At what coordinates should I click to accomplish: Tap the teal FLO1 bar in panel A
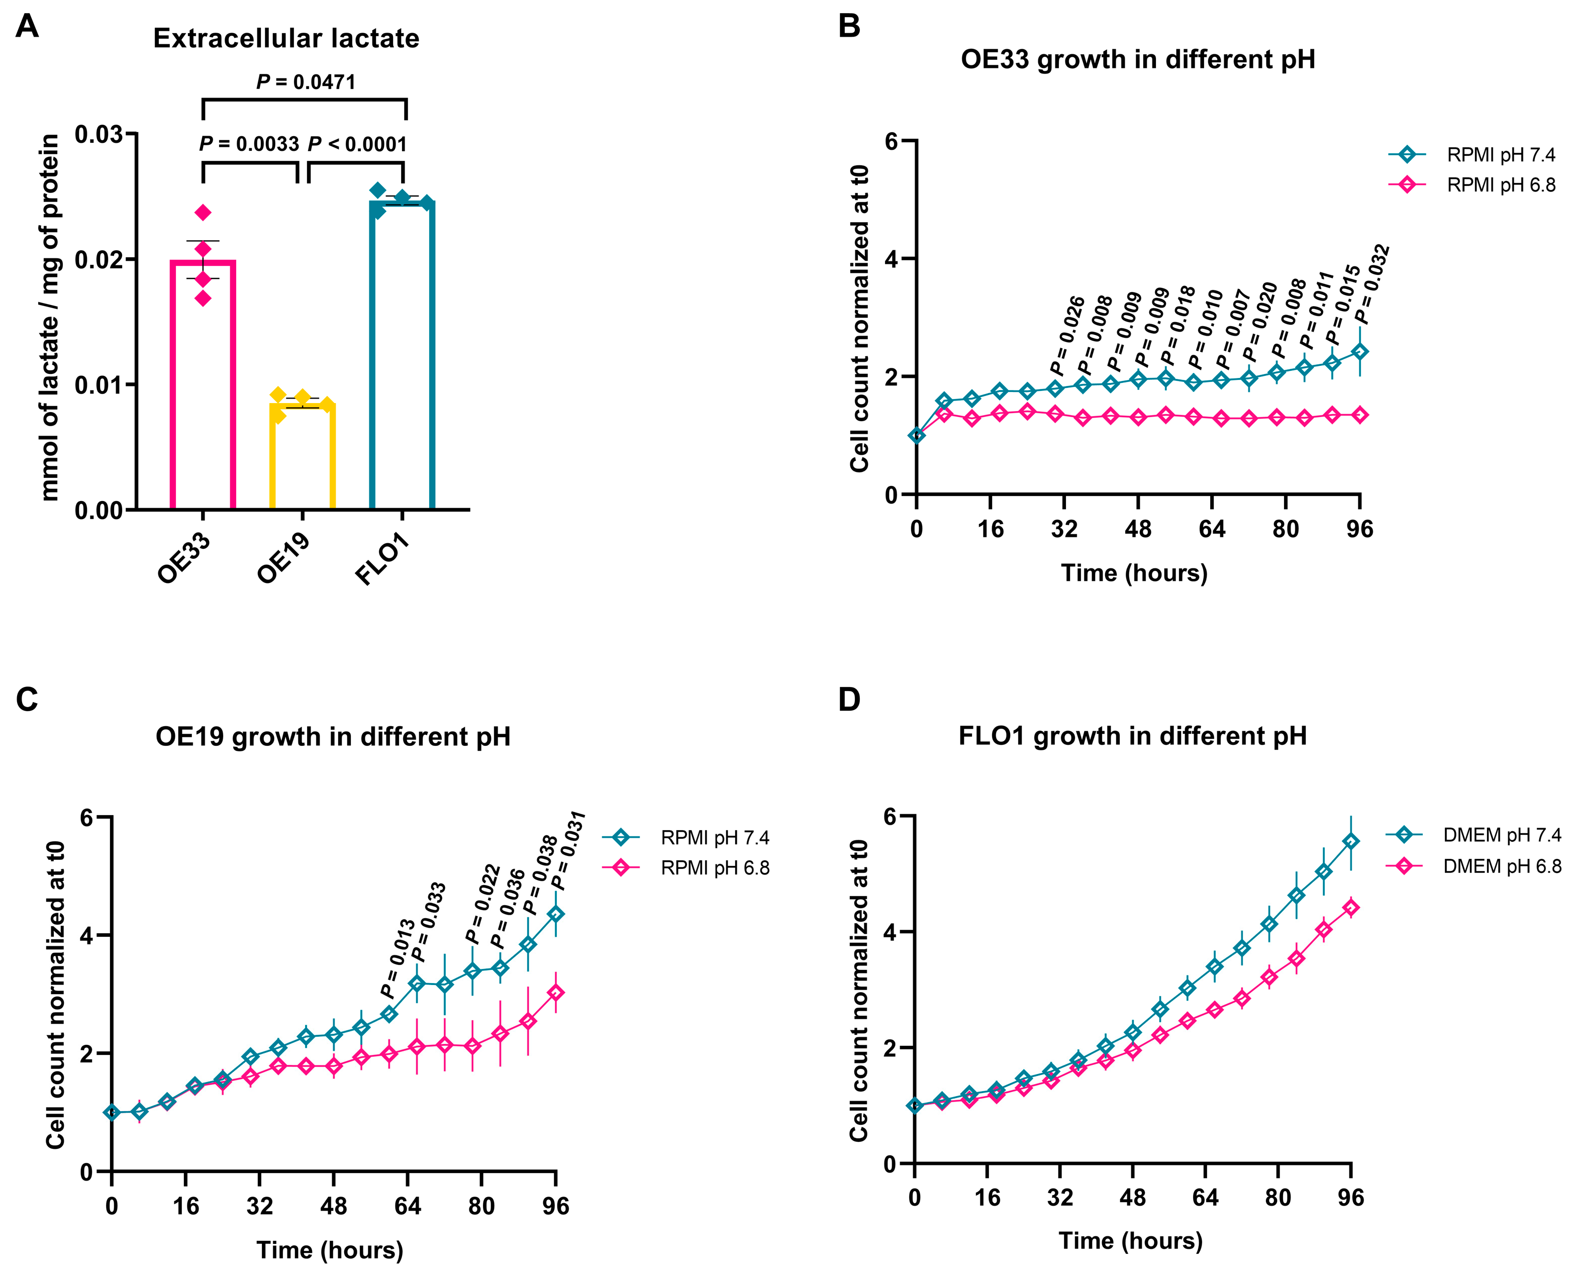click(x=402, y=355)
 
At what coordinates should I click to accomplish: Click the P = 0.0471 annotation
click(x=306, y=82)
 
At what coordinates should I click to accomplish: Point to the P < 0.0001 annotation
click(x=357, y=144)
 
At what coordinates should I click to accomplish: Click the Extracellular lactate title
click(x=286, y=39)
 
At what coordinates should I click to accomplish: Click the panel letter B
click(x=849, y=26)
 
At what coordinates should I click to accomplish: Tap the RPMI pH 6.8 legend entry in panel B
click(x=1500, y=185)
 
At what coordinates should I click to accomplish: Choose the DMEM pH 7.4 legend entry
click(x=1501, y=835)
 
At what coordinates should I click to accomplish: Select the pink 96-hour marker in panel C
click(x=556, y=993)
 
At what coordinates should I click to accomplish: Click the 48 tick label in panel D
click(x=1133, y=1198)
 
